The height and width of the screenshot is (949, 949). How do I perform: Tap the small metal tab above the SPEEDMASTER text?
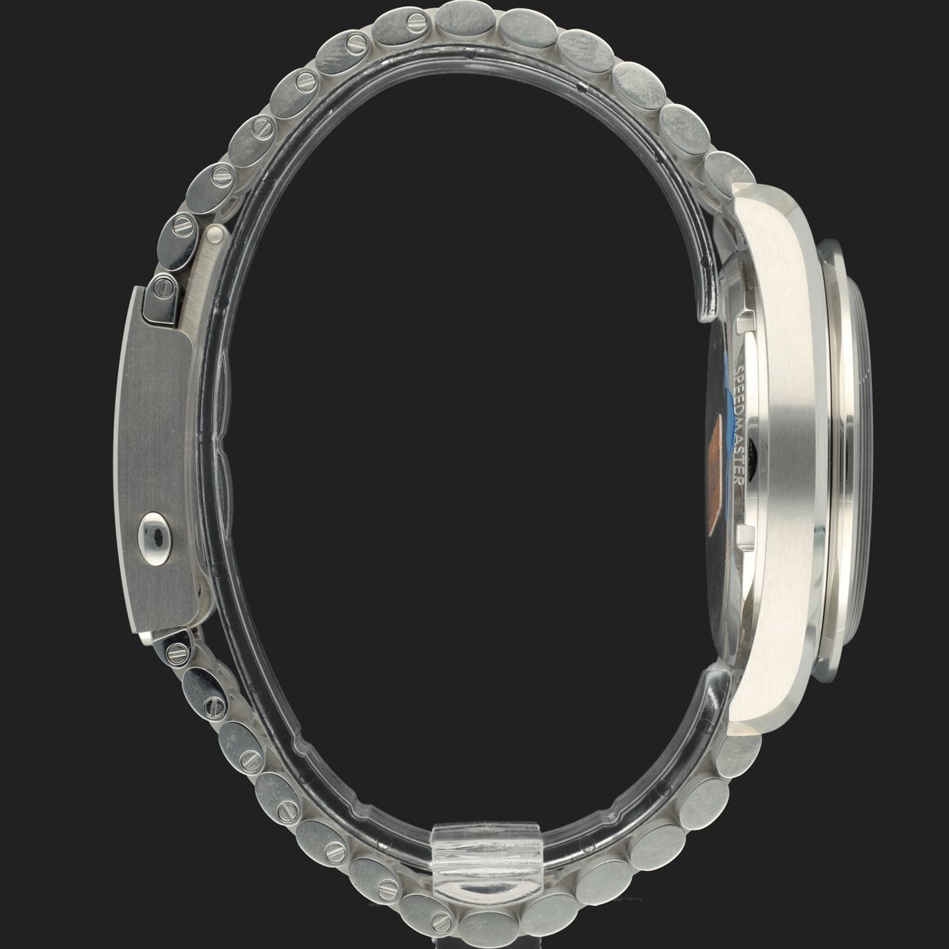click(747, 319)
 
